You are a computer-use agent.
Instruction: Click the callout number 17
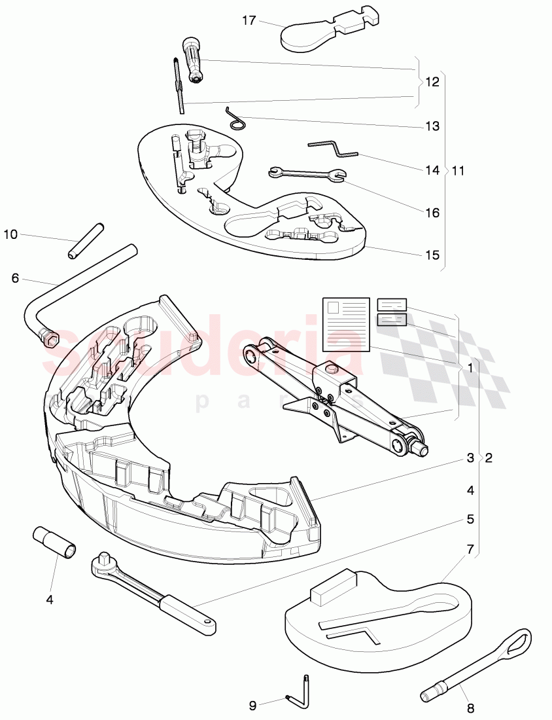coord(249,20)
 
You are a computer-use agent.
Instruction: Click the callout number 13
coord(432,126)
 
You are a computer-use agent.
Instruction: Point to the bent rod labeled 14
coord(334,150)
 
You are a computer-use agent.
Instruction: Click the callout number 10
coord(12,233)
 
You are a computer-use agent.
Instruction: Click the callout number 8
coord(471,707)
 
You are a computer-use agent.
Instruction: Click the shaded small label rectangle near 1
coord(392,319)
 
